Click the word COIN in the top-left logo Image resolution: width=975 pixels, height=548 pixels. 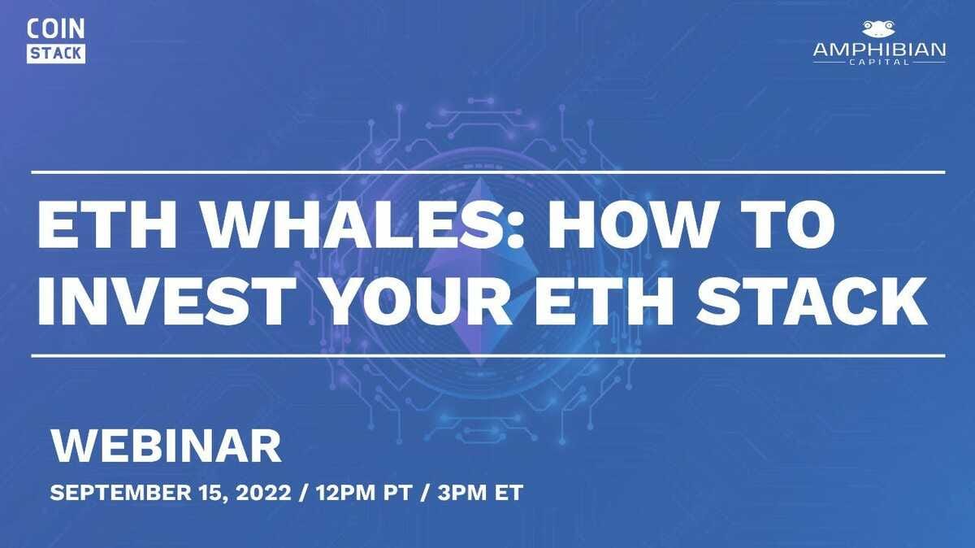coord(56,29)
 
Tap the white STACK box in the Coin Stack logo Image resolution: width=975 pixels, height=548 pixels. coord(56,54)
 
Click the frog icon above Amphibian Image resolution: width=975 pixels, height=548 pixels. coord(879,28)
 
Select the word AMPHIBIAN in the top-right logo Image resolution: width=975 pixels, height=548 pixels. coord(879,50)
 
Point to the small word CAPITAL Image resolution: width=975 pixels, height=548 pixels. coord(879,63)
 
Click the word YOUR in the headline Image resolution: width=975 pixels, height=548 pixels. coord(418,302)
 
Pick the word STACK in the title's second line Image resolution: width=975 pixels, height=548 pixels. coord(811,302)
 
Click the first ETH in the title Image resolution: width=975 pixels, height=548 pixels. coord(107,225)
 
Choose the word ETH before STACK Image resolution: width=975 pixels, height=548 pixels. coord(604,302)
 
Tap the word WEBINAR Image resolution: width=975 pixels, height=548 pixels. coord(167,446)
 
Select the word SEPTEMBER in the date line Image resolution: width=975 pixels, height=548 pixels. coord(120,493)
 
